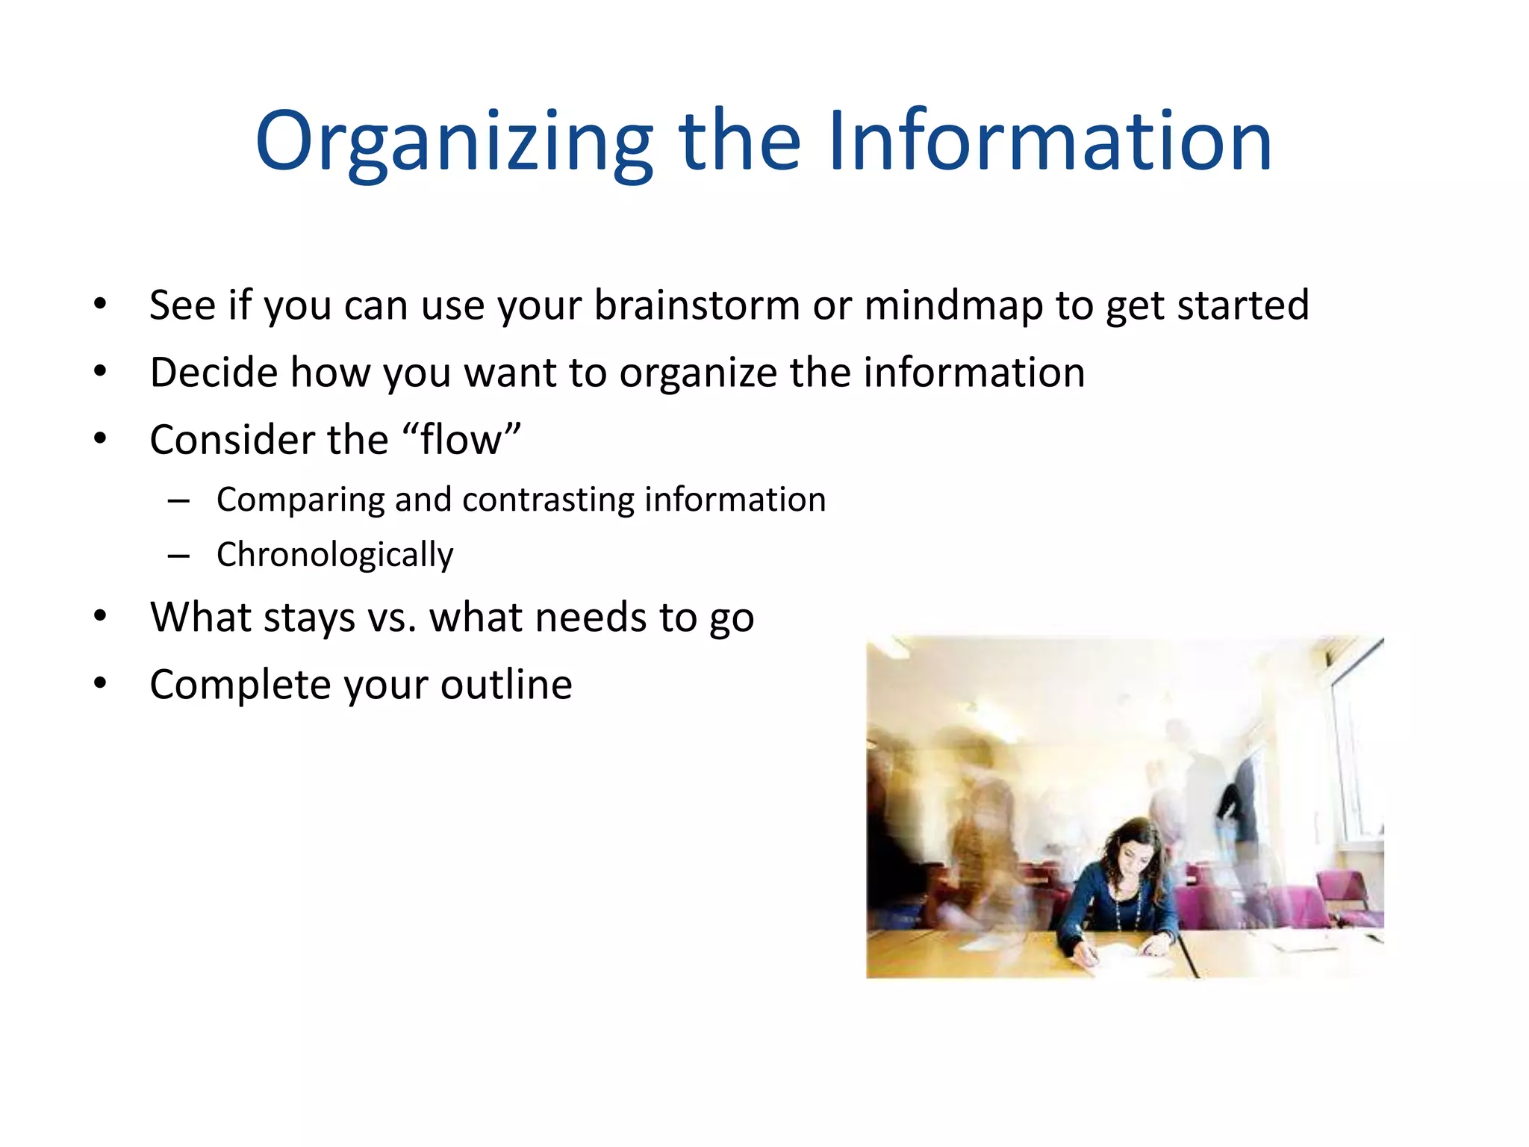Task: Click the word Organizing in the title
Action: point(454,142)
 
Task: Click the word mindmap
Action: point(953,305)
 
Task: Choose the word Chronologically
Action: point(334,555)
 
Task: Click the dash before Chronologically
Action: point(178,556)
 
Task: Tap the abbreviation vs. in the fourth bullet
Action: point(392,618)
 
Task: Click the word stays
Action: point(309,618)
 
